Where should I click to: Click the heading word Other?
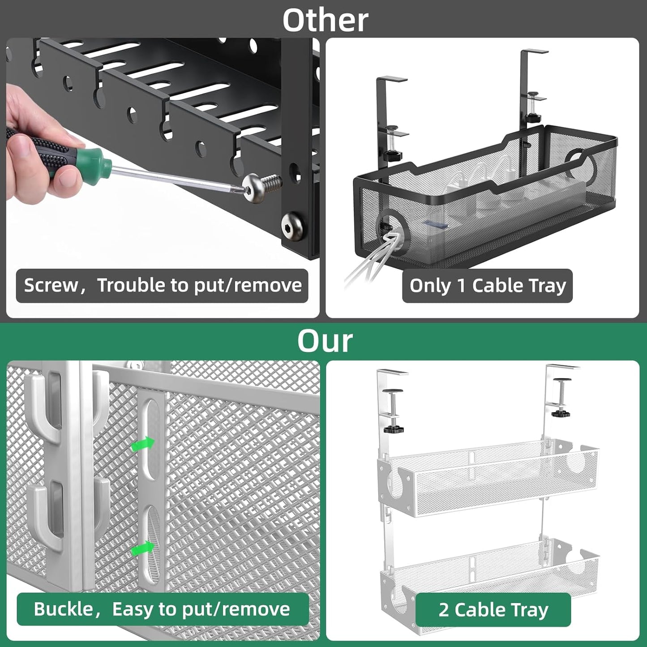point(325,20)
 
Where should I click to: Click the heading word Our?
point(325,341)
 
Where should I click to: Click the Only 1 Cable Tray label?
point(487,286)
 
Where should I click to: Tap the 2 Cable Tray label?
point(493,609)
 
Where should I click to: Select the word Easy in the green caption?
point(133,609)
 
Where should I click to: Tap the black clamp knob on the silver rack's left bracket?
point(394,428)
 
